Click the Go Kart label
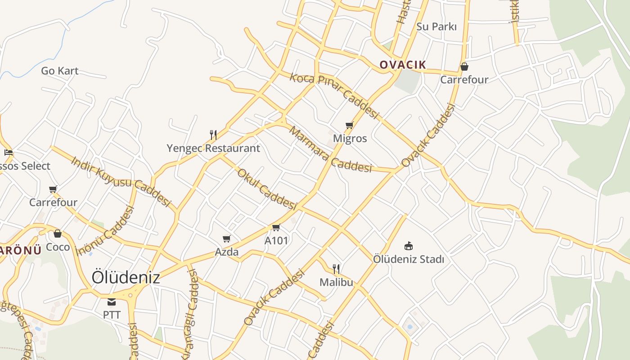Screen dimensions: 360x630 [x=59, y=71]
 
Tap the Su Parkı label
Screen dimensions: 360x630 [x=436, y=27]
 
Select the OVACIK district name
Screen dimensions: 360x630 [x=402, y=65]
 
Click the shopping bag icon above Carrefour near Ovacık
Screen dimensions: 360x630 [x=464, y=67]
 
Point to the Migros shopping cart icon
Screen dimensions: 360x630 [x=349, y=126]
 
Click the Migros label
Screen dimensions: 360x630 [x=350, y=139]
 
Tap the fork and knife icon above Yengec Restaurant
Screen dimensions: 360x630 [x=213, y=135]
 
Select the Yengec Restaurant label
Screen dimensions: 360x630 [x=213, y=148]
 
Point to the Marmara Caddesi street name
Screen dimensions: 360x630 [x=330, y=150]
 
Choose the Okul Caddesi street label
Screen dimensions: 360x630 [x=266, y=189]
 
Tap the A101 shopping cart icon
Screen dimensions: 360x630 [x=276, y=228]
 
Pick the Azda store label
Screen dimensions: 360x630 [x=226, y=252]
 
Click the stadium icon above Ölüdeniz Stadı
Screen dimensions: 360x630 [x=409, y=246]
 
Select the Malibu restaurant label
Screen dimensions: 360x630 [x=336, y=283]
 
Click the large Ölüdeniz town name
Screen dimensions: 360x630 [x=126, y=277]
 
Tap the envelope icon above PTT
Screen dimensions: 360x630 [x=112, y=302]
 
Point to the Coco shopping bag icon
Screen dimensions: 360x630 [x=58, y=234]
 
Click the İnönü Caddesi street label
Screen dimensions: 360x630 [x=106, y=230]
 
